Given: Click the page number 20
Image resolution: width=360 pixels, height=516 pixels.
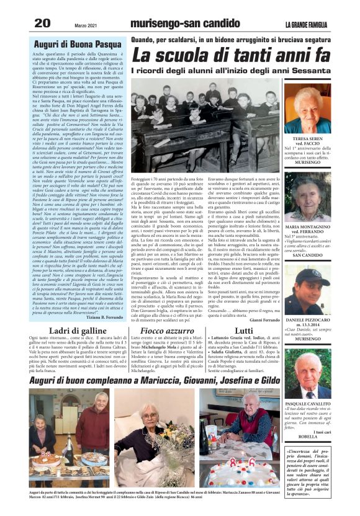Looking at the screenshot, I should click(42, 23).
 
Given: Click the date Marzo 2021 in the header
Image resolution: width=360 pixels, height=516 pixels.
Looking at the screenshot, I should click(87, 24).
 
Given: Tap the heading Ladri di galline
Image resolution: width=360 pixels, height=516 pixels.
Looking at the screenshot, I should click(70, 331).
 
